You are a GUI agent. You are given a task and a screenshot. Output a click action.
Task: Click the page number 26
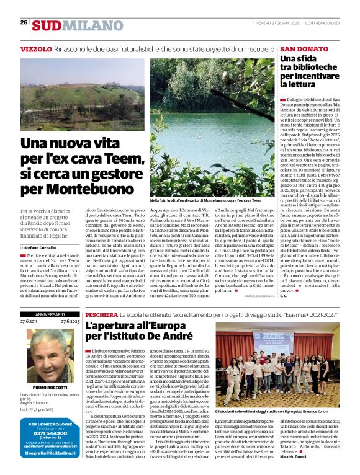point(24,22)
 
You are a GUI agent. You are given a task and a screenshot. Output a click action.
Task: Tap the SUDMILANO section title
point(70,25)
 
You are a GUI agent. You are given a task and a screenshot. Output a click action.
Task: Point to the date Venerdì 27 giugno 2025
point(278,22)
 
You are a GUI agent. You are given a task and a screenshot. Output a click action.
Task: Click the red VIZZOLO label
point(36,48)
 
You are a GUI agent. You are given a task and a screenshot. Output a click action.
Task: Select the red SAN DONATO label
point(304,48)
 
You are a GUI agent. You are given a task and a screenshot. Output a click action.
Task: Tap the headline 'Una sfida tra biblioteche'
point(307,71)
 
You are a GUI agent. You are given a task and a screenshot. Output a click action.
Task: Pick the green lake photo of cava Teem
point(211,127)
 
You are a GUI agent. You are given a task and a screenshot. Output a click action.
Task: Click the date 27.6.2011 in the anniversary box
point(29,322)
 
